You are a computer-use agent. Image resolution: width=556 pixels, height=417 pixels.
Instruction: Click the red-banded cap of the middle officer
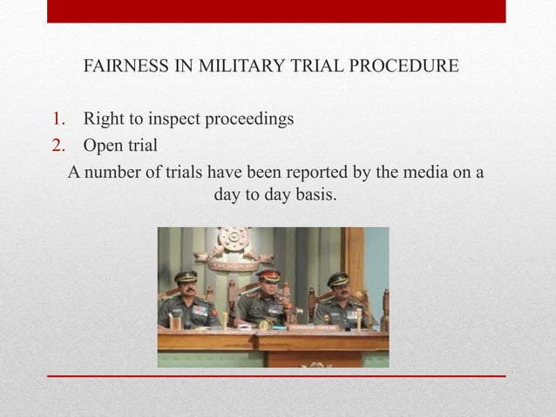(268, 275)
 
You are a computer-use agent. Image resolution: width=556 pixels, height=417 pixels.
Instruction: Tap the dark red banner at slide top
(276, 11)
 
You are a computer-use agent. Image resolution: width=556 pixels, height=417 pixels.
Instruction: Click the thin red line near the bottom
(276, 376)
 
